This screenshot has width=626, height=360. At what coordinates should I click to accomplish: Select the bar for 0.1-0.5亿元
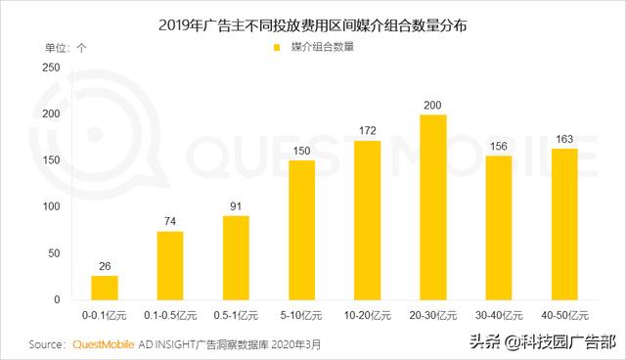170,265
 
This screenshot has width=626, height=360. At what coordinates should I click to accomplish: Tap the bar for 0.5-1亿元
236,257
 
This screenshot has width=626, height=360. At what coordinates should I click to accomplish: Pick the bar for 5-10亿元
301,230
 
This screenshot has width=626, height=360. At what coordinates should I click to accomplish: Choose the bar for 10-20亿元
367,220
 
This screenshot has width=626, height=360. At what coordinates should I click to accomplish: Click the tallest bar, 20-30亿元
432,207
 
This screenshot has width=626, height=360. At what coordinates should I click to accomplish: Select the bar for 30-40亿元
498,227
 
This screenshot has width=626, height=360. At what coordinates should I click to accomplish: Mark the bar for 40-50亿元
564,224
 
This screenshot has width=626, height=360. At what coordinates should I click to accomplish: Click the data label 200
432,105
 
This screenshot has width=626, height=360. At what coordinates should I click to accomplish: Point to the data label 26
104,266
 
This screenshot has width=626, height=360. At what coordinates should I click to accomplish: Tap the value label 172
367,131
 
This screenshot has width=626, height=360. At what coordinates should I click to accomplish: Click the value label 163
564,139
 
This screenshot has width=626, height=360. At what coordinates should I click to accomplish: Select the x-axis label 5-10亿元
301,317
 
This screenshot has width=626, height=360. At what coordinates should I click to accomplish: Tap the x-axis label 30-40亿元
498,317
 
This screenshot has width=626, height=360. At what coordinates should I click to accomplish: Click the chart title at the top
312,22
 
